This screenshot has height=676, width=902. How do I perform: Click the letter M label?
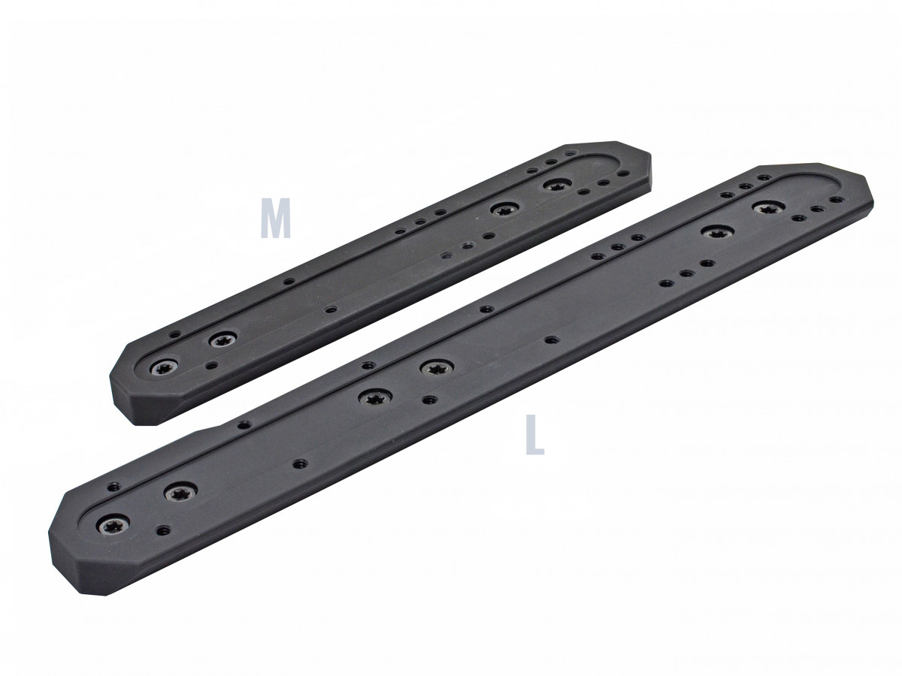(275, 219)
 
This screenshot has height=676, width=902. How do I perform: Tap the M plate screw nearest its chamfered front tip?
(163, 368)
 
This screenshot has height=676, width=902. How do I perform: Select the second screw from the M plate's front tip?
(221, 340)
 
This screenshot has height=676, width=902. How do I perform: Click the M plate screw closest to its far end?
(557, 184)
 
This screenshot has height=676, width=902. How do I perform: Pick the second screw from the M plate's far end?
(504, 209)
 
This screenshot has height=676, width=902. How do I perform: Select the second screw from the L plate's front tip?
(180, 493)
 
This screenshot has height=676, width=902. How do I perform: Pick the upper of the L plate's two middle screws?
(435, 367)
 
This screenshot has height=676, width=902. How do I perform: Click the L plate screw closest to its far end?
(767, 207)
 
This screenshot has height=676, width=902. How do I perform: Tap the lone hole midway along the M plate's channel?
(328, 308)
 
